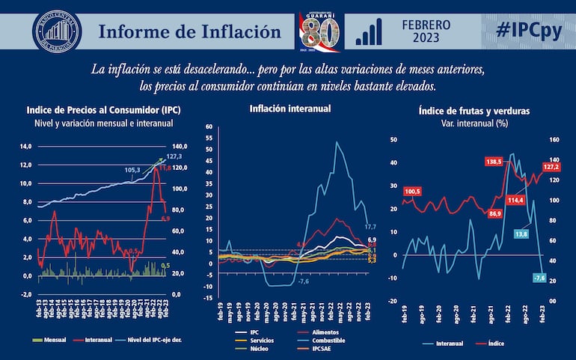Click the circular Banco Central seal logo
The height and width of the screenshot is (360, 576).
coord(57,31)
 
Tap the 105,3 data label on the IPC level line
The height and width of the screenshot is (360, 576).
coord(132,171)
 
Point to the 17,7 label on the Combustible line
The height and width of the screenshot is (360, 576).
coord(370,226)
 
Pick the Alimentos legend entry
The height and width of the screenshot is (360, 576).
coord(329,332)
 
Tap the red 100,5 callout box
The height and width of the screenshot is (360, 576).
coord(413,192)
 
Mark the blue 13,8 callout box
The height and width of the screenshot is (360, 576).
coord(521,234)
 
